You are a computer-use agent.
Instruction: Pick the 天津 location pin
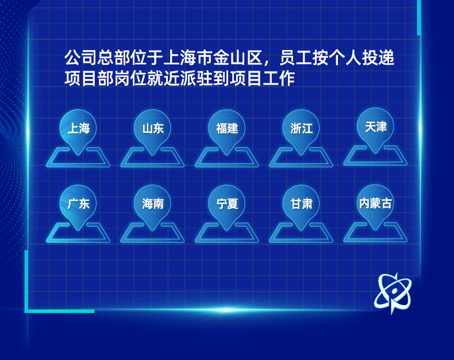[x=375, y=127]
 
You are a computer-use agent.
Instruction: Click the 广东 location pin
[x=78, y=204]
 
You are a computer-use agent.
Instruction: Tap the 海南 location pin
[x=152, y=204]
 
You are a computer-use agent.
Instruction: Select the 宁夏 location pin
[x=227, y=204]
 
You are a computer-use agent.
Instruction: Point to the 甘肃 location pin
[x=301, y=204]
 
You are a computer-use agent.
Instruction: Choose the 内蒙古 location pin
[x=375, y=204]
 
